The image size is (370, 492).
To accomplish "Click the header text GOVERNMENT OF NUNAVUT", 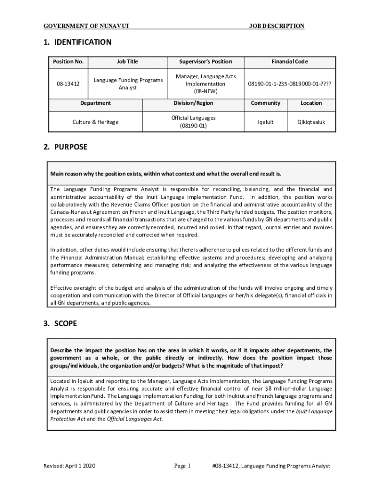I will coord(86,26).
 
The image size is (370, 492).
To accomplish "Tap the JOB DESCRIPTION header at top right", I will coord(276,26).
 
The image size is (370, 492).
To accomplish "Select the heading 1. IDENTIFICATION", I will coord(77,42).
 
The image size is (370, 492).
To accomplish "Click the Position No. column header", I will coord(68,61).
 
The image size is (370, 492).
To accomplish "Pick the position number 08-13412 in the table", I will coord(68,84).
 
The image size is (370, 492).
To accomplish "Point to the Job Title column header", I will coord(127,61).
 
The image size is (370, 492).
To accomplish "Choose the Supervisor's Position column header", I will coord(206,61).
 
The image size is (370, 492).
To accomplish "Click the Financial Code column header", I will coord(289,61).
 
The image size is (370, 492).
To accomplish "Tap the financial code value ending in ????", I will coord(289,84).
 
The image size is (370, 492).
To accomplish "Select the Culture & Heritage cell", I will coord(95,122).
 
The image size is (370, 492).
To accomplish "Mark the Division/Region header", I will coord(193,103).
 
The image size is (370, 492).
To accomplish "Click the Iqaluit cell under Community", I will coord(265,122).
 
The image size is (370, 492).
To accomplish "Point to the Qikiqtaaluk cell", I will coord(311,122).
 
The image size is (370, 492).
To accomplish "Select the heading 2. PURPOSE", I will coord(65,147).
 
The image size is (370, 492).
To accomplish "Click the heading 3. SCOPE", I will coord(60,324).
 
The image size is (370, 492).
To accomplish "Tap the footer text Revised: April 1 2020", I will coord(70,466).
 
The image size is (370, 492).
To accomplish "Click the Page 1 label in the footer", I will coord(183,466).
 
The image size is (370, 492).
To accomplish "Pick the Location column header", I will coord(311,103).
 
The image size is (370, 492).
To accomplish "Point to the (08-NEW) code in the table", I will coord(206,90).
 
